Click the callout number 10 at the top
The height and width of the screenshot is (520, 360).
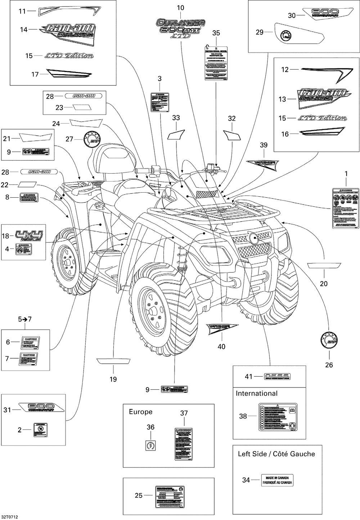(180, 8)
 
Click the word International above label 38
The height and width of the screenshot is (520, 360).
(256, 394)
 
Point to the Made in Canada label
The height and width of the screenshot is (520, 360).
(277, 480)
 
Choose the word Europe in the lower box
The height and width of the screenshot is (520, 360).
(141, 412)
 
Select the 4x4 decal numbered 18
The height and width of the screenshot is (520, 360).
(29, 236)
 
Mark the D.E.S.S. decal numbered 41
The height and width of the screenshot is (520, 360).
(278, 376)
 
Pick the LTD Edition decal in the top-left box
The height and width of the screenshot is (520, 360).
(69, 56)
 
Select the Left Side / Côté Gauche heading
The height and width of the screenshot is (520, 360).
(276, 454)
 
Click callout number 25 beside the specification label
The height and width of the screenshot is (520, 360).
(139, 496)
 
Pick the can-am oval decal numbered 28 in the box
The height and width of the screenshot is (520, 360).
(84, 96)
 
